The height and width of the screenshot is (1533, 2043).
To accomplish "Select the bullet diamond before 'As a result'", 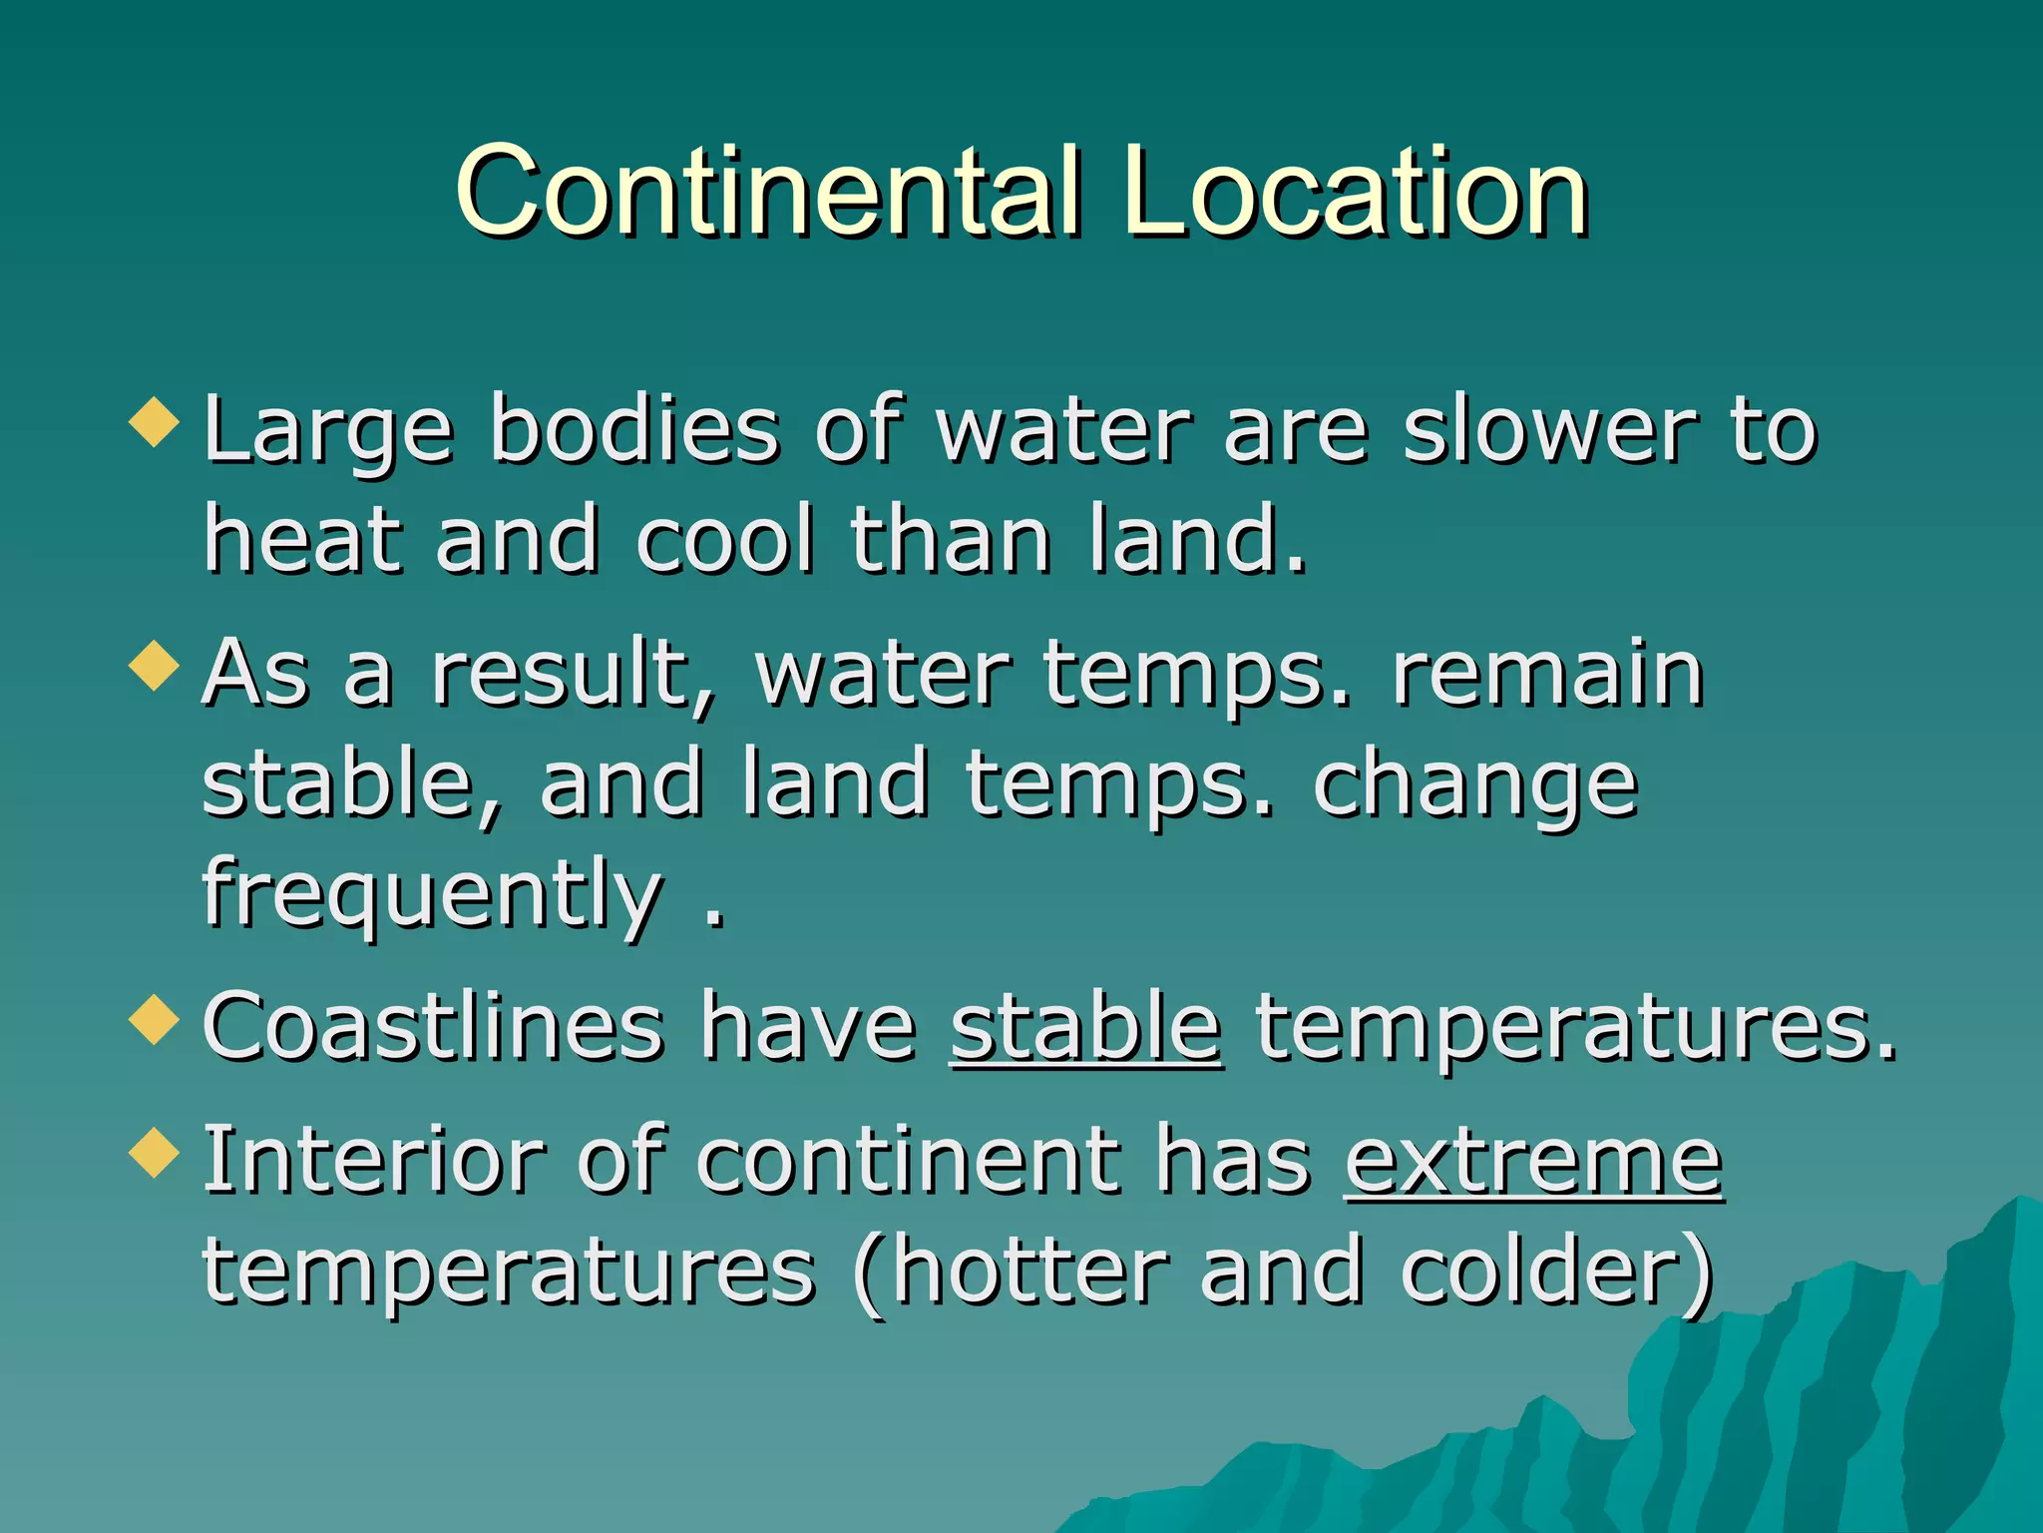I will click(x=155, y=665).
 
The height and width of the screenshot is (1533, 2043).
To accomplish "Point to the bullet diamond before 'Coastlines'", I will click(x=155, y=1019).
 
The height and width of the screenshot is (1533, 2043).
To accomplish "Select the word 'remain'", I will click(x=1547, y=675).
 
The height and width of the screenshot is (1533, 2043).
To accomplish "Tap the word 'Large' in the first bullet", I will click(x=328, y=431).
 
